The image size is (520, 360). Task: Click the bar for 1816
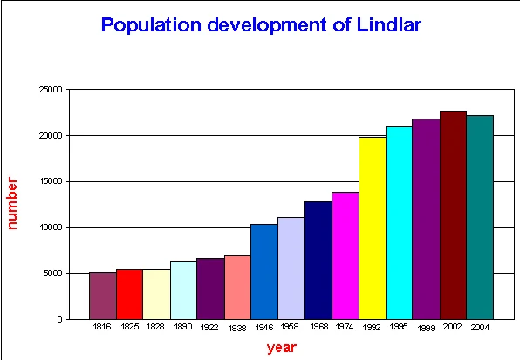tap(102, 295)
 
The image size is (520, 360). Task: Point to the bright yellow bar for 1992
tap(373, 228)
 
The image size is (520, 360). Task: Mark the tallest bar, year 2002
tap(453, 214)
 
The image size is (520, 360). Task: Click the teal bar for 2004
tap(480, 217)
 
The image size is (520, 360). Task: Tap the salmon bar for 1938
tap(237, 287)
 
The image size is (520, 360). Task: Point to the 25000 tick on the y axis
tap(51, 90)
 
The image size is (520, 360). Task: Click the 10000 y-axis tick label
tap(51, 228)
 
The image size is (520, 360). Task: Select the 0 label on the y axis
tap(58, 319)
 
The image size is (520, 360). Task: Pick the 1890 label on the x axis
tap(183, 327)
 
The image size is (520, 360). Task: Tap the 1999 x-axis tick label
tap(427, 328)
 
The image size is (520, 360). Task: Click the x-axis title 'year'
tap(282, 348)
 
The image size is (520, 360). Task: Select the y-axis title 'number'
tap(14, 204)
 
